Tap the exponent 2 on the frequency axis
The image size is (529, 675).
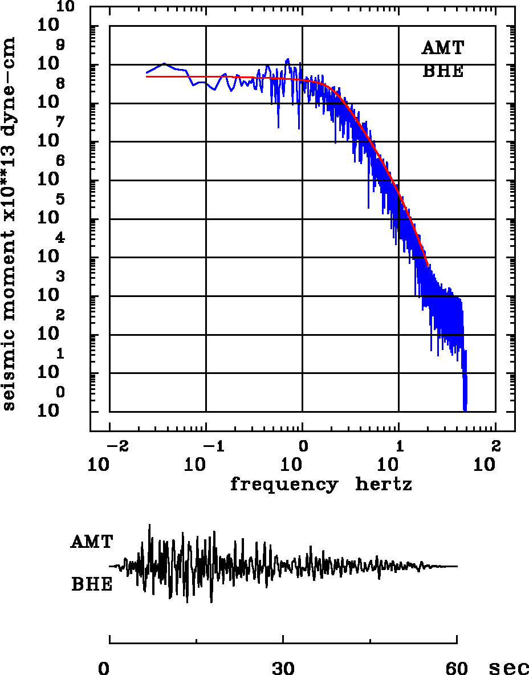495,445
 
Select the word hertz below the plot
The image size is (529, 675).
384,485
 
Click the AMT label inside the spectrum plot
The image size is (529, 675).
442,48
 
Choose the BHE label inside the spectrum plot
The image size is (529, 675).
442,72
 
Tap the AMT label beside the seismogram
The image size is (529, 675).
92,542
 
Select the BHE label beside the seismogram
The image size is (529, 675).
92,585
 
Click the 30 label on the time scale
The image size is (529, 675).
283,668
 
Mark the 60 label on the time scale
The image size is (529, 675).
457,668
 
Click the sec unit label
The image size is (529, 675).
509,668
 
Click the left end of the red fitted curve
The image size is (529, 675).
147,76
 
